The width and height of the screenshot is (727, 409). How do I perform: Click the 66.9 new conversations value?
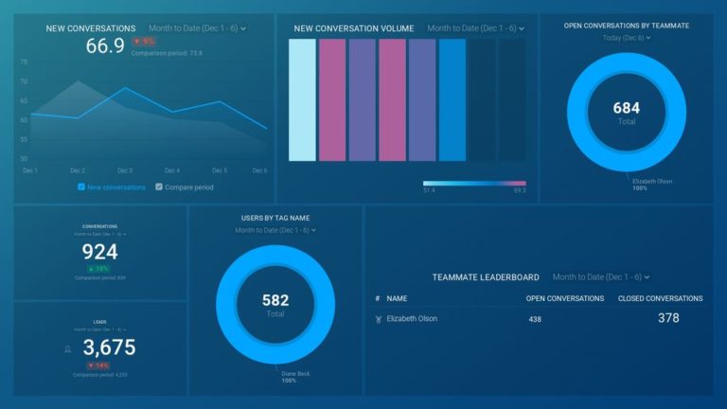coord(105,45)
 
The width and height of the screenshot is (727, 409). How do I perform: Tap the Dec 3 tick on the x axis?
coord(125,170)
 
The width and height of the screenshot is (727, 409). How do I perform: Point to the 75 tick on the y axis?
coord(24,62)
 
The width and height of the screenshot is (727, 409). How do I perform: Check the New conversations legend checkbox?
coord(82,187)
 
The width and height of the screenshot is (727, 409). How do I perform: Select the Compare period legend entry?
coord(185,187)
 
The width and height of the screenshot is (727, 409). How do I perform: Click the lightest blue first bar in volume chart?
coord(302,99)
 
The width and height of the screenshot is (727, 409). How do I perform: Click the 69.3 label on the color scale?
coord(520,191)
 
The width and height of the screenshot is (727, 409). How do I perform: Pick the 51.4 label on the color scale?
coord(430,191)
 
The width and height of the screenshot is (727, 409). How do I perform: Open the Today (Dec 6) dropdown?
coord(626,38)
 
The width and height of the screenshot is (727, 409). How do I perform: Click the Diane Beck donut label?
coord(295,374)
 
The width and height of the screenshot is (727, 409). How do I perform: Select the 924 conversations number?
coord(99,252)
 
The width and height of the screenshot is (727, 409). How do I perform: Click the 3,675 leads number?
coord(109,347)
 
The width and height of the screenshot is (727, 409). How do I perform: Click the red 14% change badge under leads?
coord(98,365)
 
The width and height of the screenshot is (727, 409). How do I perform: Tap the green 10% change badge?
coord(99,269)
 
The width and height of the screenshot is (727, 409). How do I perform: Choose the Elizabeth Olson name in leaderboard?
coord(412,319)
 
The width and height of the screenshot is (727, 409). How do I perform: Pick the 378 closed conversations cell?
coord(668,318)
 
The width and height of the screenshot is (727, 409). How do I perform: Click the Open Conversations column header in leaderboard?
coord(564,298)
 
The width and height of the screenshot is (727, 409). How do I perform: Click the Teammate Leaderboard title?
coord(486,277)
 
